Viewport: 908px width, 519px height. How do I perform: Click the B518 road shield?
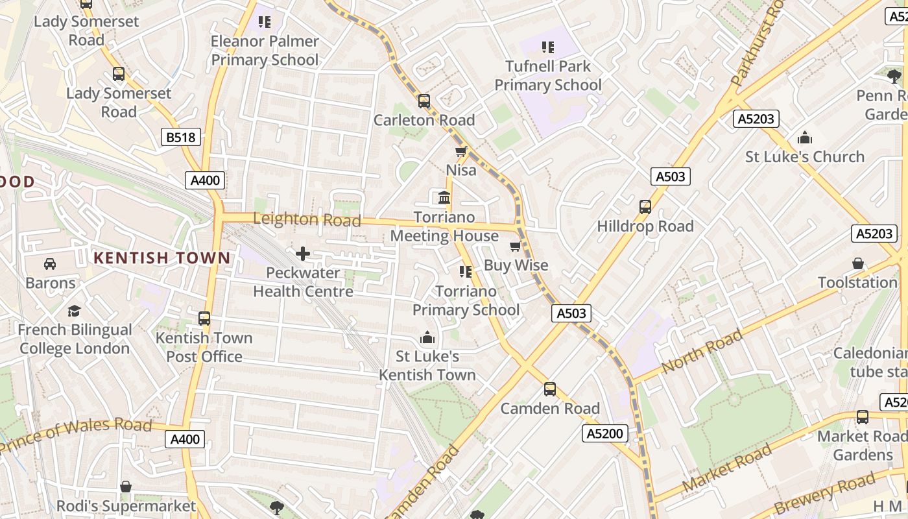tap(181, 137)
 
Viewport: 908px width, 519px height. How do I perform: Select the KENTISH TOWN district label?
tap(161, 258)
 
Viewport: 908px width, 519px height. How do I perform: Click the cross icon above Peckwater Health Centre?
tap(303, 254)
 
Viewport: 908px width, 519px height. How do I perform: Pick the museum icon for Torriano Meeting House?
tap(444, 197)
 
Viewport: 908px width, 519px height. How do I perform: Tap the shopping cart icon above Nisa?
tap(461, 152)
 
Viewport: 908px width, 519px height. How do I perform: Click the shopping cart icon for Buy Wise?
tap(516, 246)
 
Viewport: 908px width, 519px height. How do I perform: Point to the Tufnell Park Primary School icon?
tap(548, 47)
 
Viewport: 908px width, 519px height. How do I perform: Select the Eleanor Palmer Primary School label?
tap(265, 51)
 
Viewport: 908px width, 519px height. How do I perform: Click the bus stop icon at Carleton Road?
tap(424, 101)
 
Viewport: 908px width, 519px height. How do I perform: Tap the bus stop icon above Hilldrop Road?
tap(645, 207)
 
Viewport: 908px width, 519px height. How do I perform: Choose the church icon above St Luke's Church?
tap(805, 138)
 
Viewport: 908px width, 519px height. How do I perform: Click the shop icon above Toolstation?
tap(858, 263)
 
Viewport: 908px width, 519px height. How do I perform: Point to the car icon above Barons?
tap(50, 264)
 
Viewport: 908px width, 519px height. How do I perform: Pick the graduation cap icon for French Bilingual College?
tap(74, 311)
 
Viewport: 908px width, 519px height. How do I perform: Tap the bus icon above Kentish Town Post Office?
tap(204, 319)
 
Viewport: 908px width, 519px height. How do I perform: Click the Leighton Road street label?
tap(307, 219)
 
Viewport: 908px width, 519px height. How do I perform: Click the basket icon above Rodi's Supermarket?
tap(126, 487)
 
